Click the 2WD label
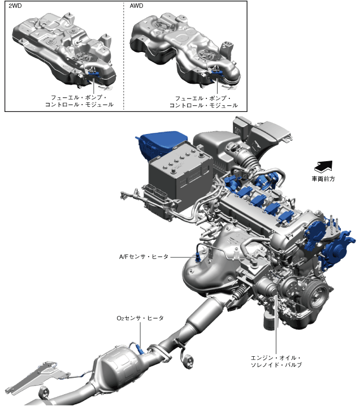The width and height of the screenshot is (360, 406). [x=15, y=6]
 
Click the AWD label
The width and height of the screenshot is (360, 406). [x=136, y=6]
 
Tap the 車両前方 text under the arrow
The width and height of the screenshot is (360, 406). [x=323, y=179]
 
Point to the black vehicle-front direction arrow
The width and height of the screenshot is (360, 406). [x=323, y=166]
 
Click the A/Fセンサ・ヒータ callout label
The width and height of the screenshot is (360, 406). [x=144, y=257]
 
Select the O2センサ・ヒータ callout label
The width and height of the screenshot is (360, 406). [x=140, y=318]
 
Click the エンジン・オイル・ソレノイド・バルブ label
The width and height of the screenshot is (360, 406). [x=276, y=361]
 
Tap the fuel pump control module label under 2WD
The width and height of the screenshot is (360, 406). [x=79, y=101]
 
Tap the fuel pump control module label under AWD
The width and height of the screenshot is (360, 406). [x=203, y=102]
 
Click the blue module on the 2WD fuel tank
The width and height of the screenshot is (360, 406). [x=94, y=73]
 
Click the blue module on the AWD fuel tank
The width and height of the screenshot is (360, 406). [x=217, y=74]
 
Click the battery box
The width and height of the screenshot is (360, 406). [x=180, y=176]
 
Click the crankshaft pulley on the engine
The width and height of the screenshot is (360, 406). [x=318, y=295]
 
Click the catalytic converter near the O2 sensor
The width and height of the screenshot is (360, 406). [x=119, y=366]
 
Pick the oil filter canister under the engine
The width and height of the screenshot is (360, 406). [x=269, y=320]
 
